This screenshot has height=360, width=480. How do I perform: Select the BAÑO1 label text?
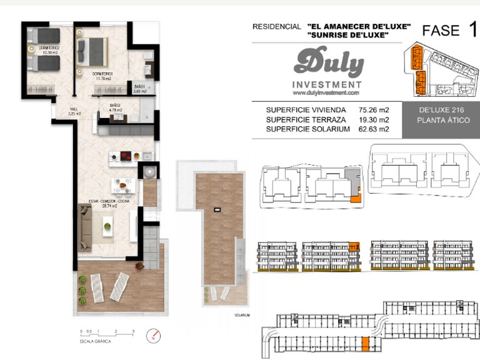140,87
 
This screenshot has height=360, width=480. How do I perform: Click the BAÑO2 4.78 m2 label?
116,107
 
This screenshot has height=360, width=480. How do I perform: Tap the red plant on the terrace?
139,266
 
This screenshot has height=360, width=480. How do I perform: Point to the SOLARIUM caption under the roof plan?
241,316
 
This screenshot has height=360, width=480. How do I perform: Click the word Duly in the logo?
328,64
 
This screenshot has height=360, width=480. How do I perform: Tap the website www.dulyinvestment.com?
326,92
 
